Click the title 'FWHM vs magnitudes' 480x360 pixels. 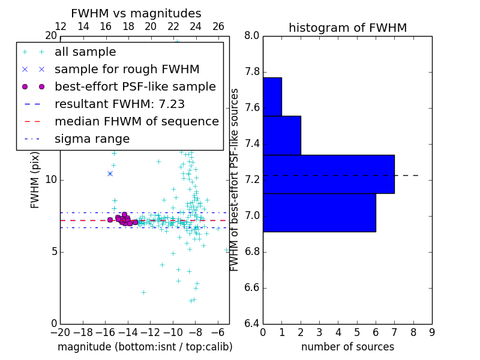136,14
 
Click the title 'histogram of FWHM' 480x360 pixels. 347,28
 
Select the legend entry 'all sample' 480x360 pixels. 85,52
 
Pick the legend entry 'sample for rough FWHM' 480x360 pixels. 127,70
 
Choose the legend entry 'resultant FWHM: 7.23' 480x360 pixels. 119,104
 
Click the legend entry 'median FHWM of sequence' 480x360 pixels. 136,122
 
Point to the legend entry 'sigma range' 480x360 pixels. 92,139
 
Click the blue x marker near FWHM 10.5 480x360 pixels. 110,173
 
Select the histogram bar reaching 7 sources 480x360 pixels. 328,174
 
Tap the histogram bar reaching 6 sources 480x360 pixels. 319,212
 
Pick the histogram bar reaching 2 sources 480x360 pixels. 281,135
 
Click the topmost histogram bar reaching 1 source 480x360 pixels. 272,97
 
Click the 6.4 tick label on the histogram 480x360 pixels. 252,324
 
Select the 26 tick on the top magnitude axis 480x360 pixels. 218,27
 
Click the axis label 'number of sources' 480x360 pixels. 347,347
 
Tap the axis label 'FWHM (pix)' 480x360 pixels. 35,179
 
